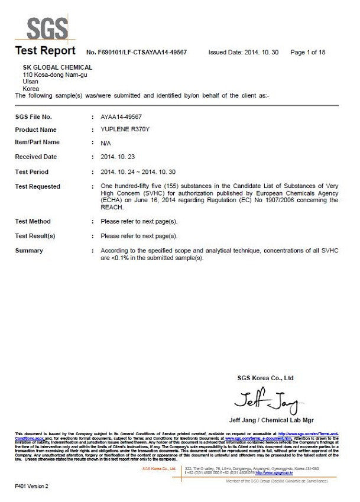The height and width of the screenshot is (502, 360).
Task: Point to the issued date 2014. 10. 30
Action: (261, 53)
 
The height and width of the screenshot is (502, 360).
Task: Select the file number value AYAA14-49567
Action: (121, 117)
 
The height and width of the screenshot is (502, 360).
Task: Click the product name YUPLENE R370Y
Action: (125, 129)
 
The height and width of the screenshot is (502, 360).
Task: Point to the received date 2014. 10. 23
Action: (118, 157)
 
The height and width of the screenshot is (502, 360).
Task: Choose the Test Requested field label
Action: (37, 187)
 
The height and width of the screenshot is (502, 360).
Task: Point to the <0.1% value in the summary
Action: (112, 258)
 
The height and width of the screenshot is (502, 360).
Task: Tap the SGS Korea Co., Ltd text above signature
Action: (265, 378)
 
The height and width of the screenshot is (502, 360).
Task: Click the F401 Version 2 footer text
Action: (32, 486)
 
